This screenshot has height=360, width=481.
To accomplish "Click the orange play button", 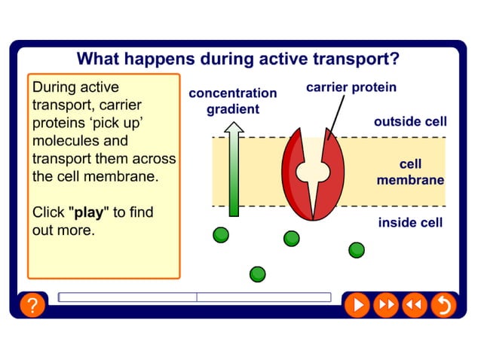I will [357, 305].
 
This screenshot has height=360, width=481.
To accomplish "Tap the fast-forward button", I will [385, 305].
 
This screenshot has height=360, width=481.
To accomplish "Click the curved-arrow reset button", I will [443, 305].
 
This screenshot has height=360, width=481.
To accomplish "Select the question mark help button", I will [32, 306].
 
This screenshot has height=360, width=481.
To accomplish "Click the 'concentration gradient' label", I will [232, 101].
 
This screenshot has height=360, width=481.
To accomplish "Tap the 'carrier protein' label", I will [351, 87].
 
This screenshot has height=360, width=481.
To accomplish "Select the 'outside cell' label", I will [410, 121].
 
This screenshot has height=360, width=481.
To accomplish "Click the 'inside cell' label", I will [410, 222].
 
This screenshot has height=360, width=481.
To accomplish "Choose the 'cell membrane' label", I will [410, 172].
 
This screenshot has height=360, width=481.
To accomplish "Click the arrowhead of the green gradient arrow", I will [234, 130].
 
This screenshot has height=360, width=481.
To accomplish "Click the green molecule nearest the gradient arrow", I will [220, 235].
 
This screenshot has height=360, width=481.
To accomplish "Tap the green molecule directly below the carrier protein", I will [291, 239].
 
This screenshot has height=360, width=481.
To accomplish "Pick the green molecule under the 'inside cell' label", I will [356, 249].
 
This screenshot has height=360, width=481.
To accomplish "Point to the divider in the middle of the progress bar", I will [197, 297].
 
